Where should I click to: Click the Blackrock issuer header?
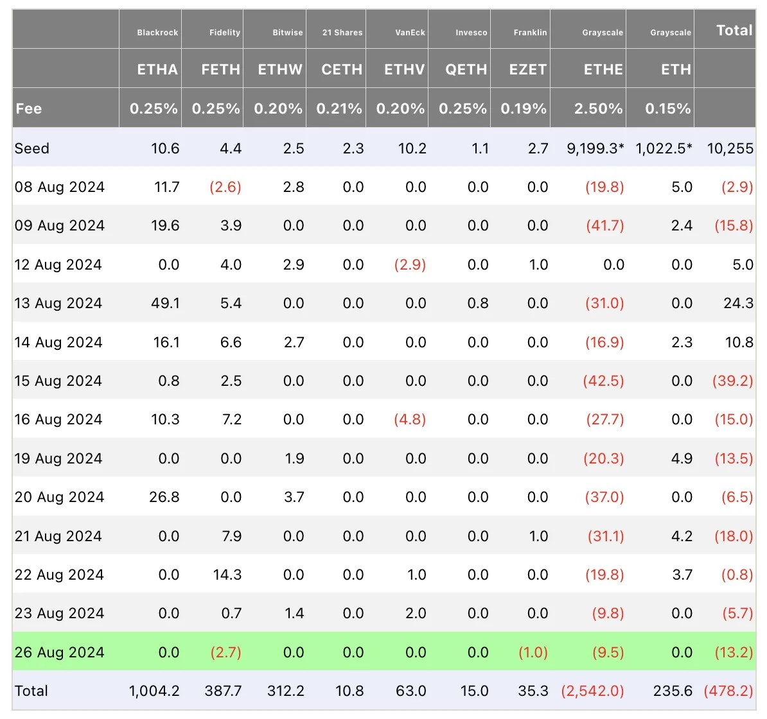click(157, 33)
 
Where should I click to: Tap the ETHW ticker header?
click(280, 69)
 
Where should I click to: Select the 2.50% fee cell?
click(598, 109)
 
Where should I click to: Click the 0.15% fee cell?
click(668, 109)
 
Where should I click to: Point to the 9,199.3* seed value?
click(595, 148)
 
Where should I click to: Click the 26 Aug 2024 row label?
click(59, 652)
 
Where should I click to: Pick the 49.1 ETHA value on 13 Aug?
click(165, 303)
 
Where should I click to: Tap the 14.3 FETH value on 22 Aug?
click(227, 575)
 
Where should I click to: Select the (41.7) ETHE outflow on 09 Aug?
click(604, 225)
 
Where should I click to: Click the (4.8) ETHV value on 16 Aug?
click(410, 419)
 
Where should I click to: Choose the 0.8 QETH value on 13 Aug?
click(478, 303)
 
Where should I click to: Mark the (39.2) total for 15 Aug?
click(732, 381)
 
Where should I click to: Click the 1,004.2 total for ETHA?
click(154, 691)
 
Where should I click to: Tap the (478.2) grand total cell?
click(728, 691)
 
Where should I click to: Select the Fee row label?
click(29, 109)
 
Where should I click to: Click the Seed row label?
click(32, 148)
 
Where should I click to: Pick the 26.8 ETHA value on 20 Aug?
click(164, 497)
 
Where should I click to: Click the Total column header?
click(734, 30)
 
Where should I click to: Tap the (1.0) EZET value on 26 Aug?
click(533, 652)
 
